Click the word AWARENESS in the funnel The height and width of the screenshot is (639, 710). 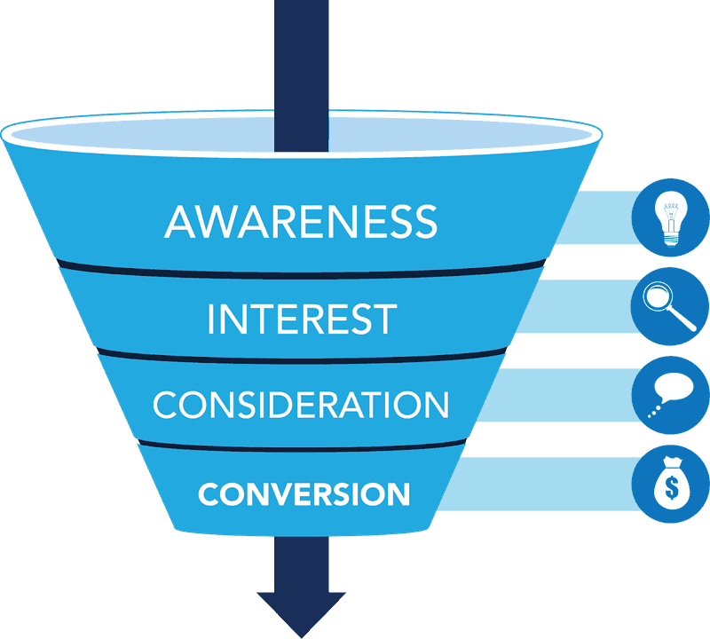click(x=301, y=221)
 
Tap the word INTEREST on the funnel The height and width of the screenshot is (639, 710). click(x=301, y=319)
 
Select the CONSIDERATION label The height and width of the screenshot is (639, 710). click(x=301, y=405)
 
